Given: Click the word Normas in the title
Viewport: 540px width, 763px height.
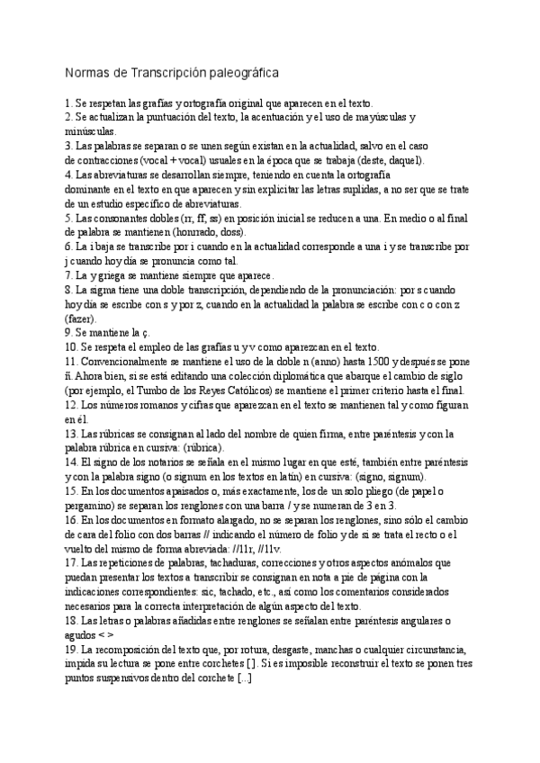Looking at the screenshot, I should pyautogui.click(x=86, y=72).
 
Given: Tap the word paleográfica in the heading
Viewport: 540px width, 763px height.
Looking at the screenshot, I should pyautogui.click(x=238, y=72).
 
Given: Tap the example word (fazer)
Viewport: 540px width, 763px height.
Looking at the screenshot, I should pyautogui.click(x=80, y=319).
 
